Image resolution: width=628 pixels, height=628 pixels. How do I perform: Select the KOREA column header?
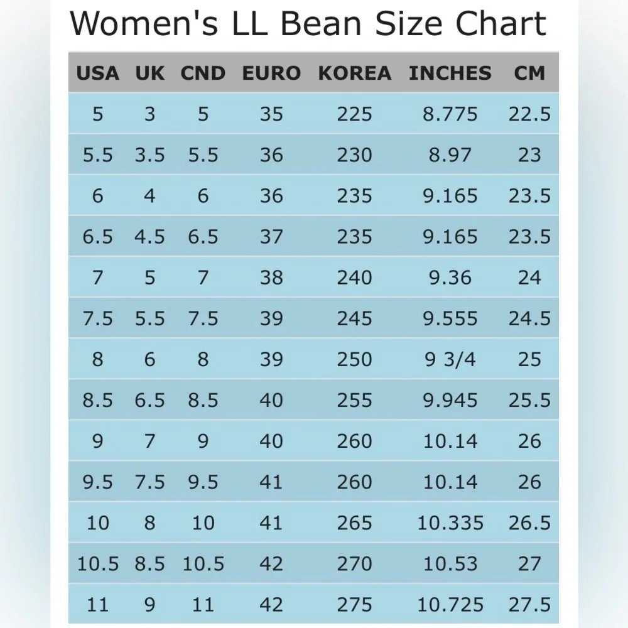pyautogui.click(x=354, y=73)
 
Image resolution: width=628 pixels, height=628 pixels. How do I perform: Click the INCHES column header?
pyautogui.click(x=450, y=73)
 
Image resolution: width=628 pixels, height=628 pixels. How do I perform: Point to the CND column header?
pyautogui.click(x=203, y=73)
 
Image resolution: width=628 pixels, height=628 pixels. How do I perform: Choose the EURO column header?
pyautogui.click(x=271, y=73)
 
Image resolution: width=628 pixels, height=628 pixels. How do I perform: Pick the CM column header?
pyautogui.click(x=529, y=73)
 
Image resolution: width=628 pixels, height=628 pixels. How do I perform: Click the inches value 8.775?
pyautogui.click(x=450, y=114)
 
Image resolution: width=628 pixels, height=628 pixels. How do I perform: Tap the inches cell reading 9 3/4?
pyautogui.click(x=450, y=359)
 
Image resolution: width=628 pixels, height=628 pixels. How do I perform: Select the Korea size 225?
pyautogui.click(x=354, y=114)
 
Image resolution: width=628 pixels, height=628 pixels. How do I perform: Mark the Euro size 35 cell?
pyautogui.click(x=271, y=114)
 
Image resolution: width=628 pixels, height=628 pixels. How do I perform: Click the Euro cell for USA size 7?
pyautogui.click(x=271, y=278)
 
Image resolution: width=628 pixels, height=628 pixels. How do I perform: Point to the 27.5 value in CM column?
pyautogui.click(x=529, y=605)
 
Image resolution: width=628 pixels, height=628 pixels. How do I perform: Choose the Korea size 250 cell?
pyautogui.click(x=354, y=359)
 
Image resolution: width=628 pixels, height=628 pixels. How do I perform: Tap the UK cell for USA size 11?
pyautogui.click(x=149, y=605)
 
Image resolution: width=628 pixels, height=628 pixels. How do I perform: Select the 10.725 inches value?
pyautogui.click(x=450, y=605)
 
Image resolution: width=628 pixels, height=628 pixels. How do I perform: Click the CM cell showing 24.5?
pyautogui.click(x=529, y=318)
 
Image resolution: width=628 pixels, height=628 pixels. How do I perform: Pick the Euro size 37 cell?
pyautogui.click(x=271, y=237)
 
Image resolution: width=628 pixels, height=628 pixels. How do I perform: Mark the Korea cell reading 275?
pyautogui.click(x=354, y=605)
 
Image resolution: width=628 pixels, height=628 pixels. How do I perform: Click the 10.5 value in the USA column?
pyautogui.click(x=97, y=564)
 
